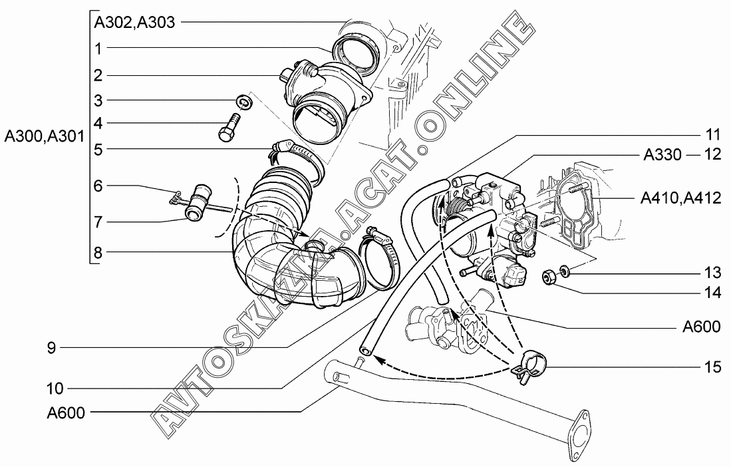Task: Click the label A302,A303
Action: pos(134,22)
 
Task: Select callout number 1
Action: pos(98,48)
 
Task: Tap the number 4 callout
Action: pos(98,123)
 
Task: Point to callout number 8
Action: pos(98,252)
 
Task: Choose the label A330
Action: pos(662,156)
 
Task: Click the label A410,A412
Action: pos(680,198)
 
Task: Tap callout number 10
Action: pos(55,388)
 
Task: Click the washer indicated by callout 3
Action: pos(243,102)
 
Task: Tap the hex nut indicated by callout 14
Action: pos(550,276)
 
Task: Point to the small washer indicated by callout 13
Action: pos(565,271)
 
